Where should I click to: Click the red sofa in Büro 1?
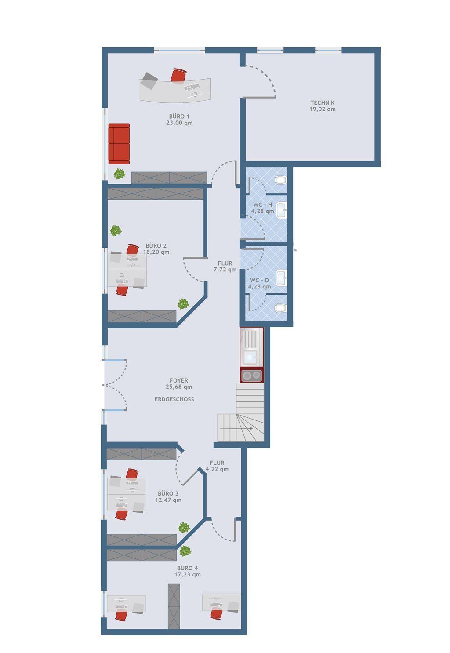pyautogui.click(x=119, y=144)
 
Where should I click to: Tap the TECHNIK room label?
pyautogui.click(x=322, y=102)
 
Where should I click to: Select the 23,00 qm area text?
pyautogui.click(x=179, y=123)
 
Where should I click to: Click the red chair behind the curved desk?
pyautogui.click(x=178, y=75)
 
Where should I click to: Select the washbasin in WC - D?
pyautogui.click(x=281, y=278)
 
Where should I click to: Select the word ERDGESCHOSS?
pyautogui.click(x=174, y=399)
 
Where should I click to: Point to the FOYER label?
pyautogui.click(x=179, y=380)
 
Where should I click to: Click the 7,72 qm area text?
pyautogui.click(x=225, y=270)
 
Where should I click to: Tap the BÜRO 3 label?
pyautogui.click(x=168, y=493)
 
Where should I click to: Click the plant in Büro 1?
pyautogui.click(x=120, y=174)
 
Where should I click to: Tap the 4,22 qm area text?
pyautogui.click(x=217, y=469)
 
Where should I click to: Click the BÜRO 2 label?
pyautogui.click(x=156, y=246)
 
